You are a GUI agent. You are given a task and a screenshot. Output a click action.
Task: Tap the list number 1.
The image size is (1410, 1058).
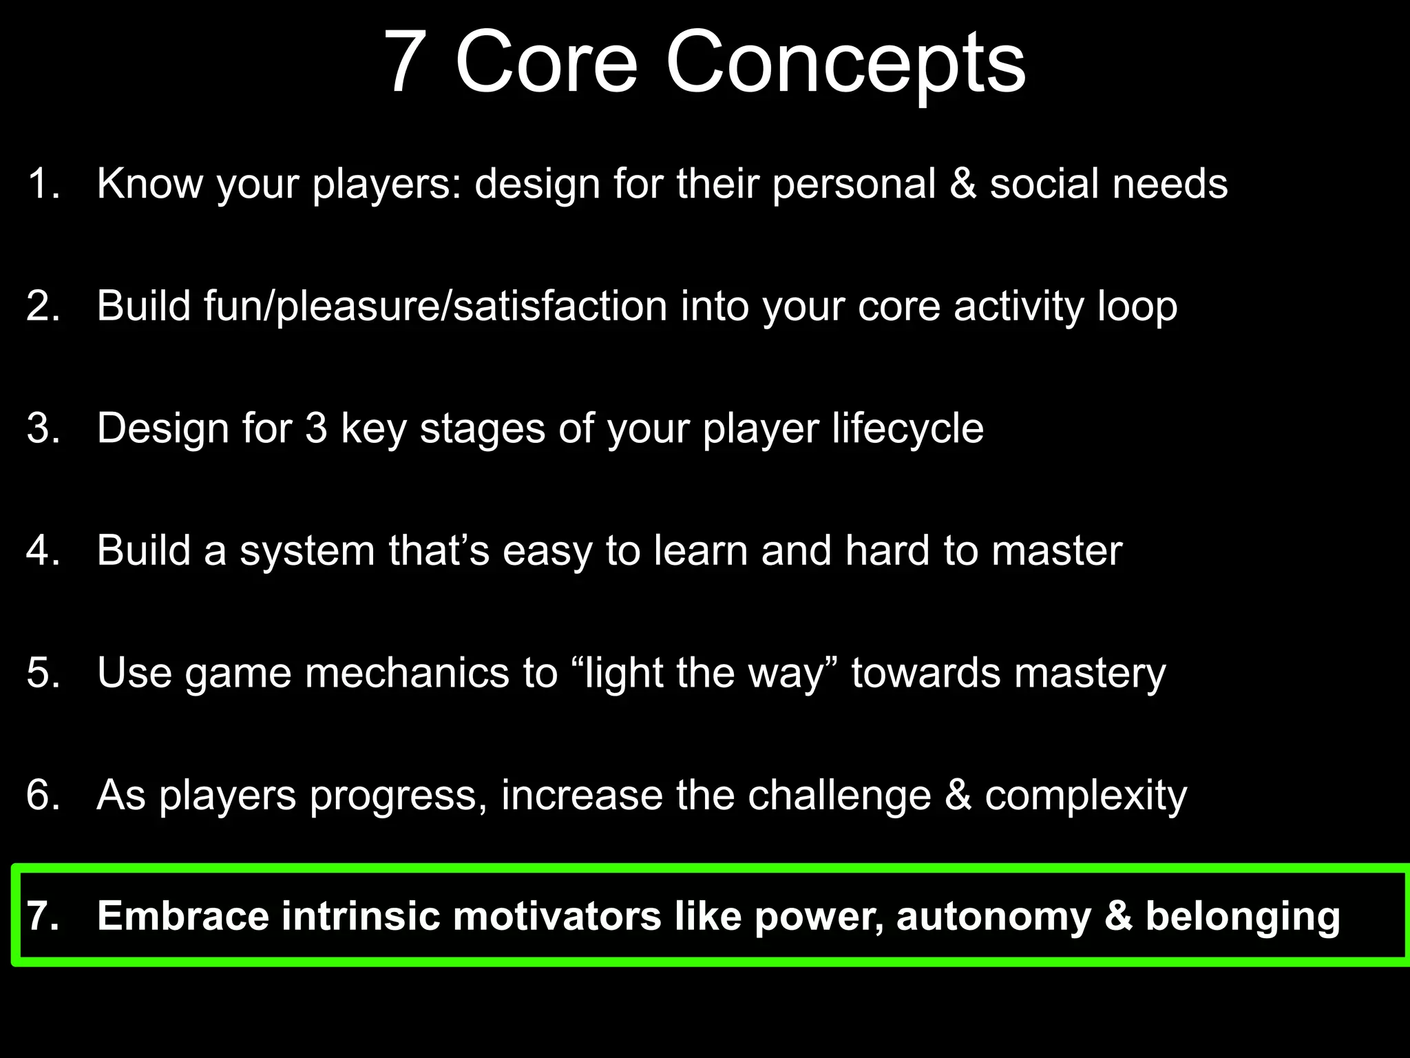[x=43, y=184]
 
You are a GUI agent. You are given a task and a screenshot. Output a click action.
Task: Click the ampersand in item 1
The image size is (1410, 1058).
[x=962, y=184]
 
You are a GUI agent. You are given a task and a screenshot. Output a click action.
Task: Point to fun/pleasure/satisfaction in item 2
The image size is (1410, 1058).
[x=435, y=307]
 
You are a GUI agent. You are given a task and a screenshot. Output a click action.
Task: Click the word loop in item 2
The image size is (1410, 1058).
[x=1137, y=307]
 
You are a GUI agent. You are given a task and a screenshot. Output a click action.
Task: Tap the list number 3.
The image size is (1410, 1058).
[x=43, y=428]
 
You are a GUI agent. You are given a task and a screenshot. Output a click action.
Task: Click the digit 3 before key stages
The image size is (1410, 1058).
[x=316, y=428]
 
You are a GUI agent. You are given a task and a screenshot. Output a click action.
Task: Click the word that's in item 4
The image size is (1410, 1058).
[x=439, y=551]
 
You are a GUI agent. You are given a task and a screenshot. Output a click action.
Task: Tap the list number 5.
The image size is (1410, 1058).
[x=43, y=673]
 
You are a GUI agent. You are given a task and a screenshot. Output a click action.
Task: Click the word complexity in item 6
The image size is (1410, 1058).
[x=1086, y=796]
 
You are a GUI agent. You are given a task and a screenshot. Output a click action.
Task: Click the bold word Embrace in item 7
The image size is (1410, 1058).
[x=183, y=917]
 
